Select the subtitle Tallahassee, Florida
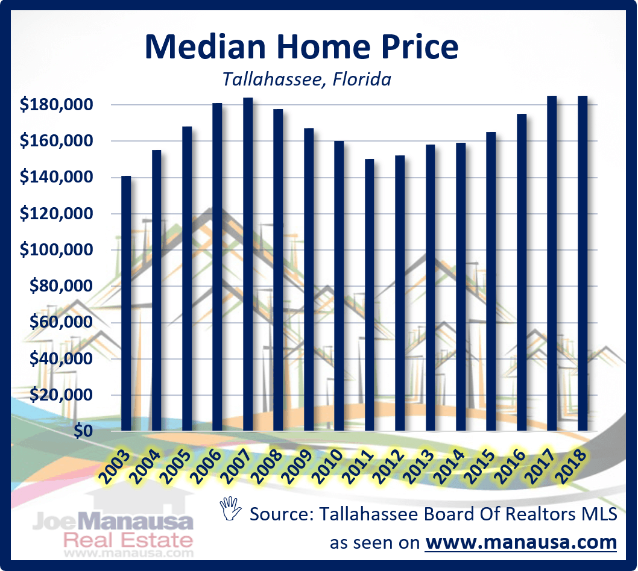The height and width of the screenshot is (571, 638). click(306, 79)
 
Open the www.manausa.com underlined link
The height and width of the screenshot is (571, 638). click(521, 541)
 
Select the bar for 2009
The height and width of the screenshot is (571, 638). click(309, 279)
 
